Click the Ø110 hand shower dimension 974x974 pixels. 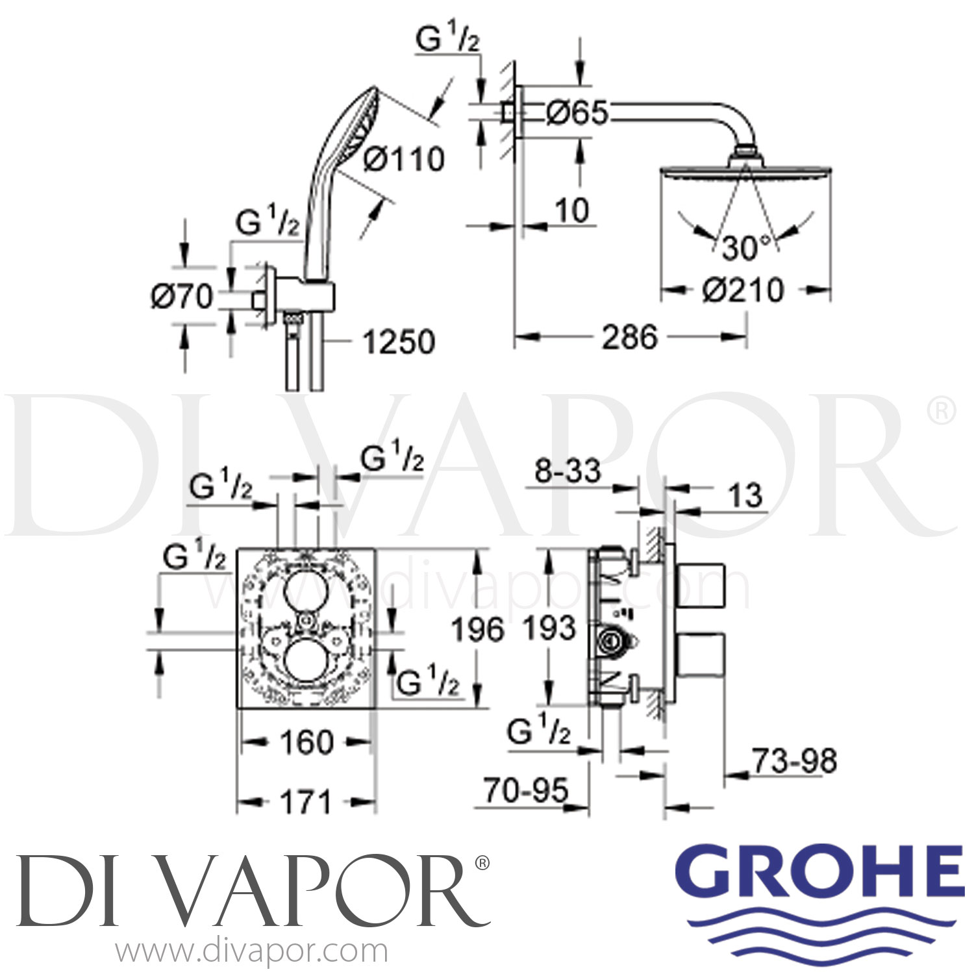[x=404, y=159]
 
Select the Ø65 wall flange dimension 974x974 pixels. [x=576, y=113]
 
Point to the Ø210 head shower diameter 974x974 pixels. [x=743, y=290]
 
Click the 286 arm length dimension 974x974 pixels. [x=629, y=337]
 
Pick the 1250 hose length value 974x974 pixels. [x=398, y=342]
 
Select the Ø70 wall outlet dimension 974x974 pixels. [x=182, y=297]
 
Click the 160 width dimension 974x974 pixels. [x=306, y=742]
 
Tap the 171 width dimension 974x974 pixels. [x=305, y=803]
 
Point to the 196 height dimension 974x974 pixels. [x=477, y=630]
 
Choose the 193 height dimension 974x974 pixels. [x=549, y=629]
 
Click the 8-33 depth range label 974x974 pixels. [x=568, y=471]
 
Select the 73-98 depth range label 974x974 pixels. [x=794, y=760]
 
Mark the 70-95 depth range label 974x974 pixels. [x=525, y=790]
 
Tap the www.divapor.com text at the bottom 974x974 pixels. [x=251, y=952]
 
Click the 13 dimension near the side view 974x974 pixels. [x=745, y=496]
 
